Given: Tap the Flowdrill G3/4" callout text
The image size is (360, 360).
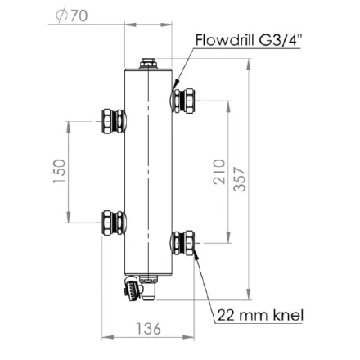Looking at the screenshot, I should tap(249, 40).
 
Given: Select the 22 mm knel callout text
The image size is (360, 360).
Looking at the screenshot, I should tap(260, 315).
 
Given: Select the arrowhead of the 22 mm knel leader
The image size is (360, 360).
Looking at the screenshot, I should tap(196, 257).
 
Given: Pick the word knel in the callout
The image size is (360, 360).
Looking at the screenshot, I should tap(286, 315).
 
